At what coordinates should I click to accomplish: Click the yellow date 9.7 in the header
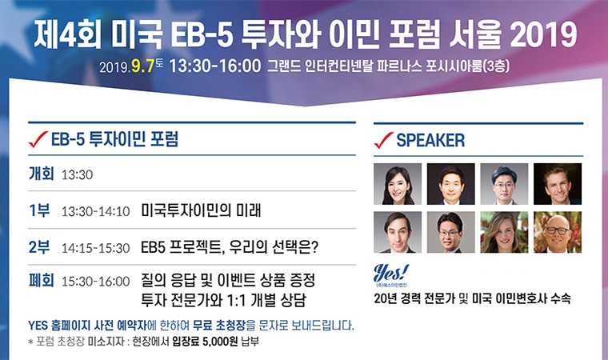coord(142,66)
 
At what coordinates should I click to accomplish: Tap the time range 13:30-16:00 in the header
coord(215,66)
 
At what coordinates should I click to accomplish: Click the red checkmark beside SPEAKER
coord(383,140)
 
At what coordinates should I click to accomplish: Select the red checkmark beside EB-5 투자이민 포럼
coord(38,139)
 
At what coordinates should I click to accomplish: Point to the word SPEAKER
coord(430,141)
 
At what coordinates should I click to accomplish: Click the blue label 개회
coord(41,174)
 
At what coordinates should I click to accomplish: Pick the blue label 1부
coord(39,210)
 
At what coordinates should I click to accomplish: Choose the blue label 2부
coord(39,247)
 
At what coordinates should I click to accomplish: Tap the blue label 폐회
coord(41,280)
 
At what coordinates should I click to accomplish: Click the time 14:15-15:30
coord(96,248)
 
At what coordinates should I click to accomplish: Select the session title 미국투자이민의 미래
coord(201,210)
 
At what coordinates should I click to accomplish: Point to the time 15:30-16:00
coord(96,282)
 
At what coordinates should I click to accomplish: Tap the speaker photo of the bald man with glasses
coord(558,232)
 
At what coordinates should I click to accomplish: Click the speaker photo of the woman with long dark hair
coord(398,184)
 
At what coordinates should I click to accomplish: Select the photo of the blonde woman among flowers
coord(504,232)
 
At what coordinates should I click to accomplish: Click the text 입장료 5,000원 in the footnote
coord(205,342)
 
